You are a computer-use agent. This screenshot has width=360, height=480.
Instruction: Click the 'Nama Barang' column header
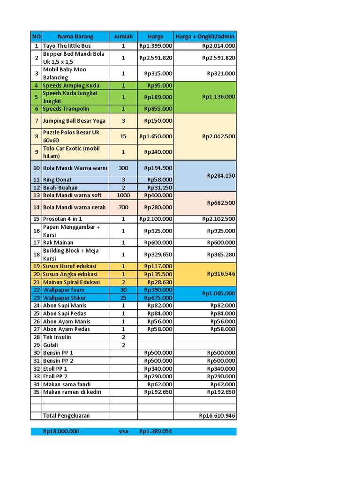[75, 37]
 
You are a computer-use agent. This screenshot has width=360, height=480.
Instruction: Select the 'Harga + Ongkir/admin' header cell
[205, 37]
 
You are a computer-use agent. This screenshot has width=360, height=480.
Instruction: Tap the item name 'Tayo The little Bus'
[67, 46]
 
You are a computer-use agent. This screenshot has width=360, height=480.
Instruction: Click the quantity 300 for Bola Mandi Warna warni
[123, 168]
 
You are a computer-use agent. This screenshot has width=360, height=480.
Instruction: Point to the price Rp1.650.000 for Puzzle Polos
[156, 136]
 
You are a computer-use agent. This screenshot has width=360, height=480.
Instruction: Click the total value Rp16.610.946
[217, 415]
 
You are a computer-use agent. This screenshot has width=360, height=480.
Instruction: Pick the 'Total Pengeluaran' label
[66, 415]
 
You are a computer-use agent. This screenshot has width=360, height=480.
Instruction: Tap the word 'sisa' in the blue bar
[123, 431]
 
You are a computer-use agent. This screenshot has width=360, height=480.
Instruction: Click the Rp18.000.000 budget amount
[61, 431]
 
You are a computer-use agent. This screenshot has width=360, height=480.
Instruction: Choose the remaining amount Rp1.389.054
[156, 431]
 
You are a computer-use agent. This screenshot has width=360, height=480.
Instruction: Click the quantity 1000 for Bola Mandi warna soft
[123, 195]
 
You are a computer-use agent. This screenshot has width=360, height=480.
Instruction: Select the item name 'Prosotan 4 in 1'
[62, 219]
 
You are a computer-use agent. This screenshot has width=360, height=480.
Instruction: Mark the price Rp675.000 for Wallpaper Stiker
[158, 298]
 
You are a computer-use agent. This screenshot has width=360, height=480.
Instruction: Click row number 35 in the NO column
[36, 392]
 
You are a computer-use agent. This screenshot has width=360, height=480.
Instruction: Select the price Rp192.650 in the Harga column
[158, 392]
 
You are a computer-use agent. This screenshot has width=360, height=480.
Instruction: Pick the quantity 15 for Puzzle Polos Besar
[123, 136]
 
